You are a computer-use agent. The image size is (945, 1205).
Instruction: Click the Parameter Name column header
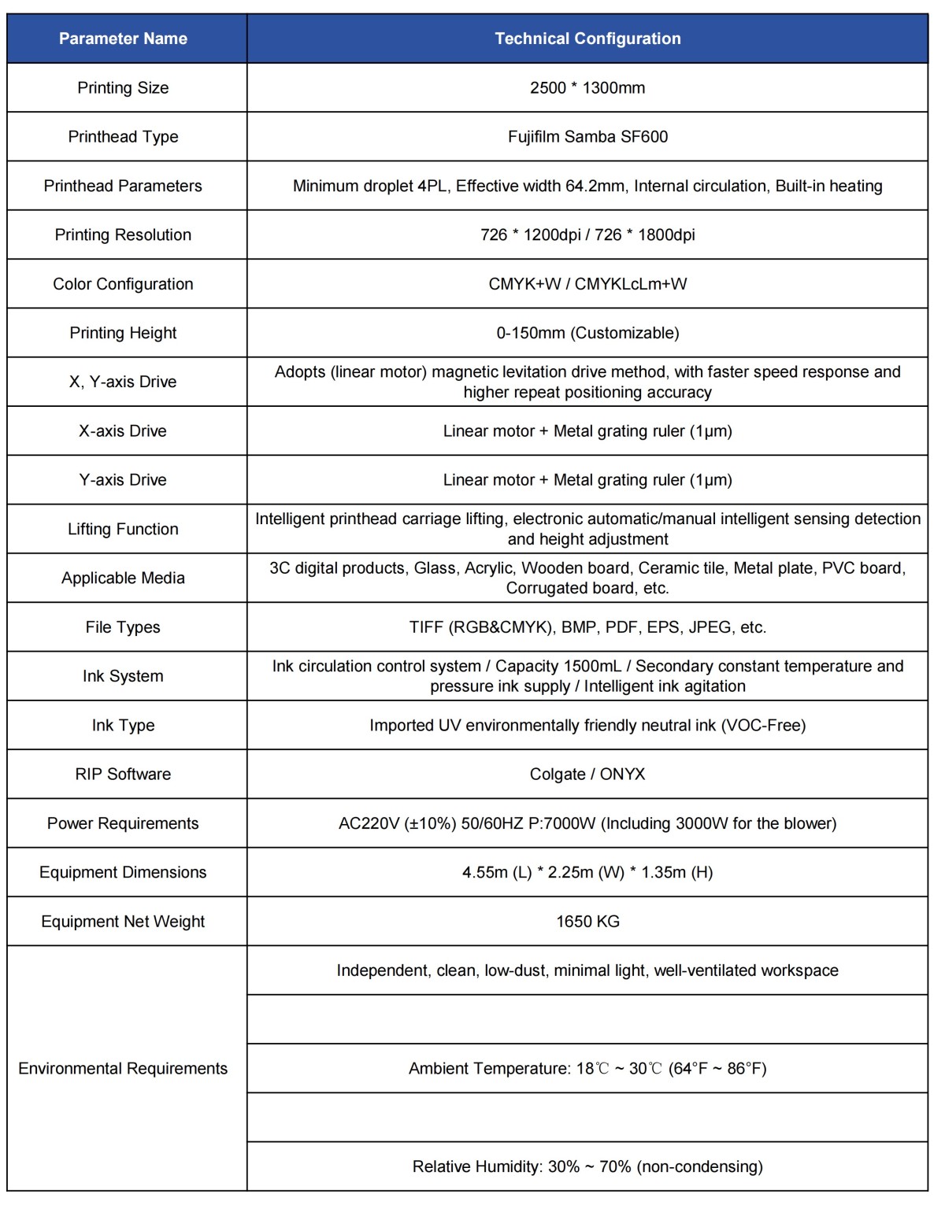point(123,39)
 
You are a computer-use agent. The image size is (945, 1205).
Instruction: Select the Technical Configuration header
point(587,39)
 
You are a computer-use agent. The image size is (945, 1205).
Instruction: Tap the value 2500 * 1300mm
point(587,87)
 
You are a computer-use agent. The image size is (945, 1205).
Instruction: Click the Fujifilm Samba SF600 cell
point(587,137)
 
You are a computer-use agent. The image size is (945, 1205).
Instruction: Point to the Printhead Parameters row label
point(123,186)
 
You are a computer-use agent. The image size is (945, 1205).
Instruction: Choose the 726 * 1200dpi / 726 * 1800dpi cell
point(587,235)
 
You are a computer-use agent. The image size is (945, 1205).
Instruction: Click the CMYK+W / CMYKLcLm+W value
point(587,284)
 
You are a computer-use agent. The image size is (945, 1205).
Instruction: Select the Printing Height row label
point(123,333)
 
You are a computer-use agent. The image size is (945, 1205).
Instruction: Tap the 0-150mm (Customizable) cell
point(587,333)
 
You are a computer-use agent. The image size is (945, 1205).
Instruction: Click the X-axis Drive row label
point(123,431)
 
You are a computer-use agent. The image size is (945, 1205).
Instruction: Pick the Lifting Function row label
point(123,529)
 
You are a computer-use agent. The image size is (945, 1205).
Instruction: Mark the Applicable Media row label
point(123,578)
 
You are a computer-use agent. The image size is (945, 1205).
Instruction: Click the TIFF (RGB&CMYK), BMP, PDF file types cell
point(587,627)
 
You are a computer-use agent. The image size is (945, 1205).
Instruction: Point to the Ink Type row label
point(123,725)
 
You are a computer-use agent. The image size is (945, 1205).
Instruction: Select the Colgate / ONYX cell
point(587,774)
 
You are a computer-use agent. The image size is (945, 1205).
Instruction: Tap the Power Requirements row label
point(123,823)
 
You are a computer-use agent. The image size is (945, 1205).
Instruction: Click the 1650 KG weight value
point(587,922)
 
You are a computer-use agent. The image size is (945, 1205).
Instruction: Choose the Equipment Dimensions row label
point(123,872)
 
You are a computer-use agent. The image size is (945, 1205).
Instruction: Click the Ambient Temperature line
point(587,1069)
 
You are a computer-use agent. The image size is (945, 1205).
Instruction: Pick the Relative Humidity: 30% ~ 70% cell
point(587,1166)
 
